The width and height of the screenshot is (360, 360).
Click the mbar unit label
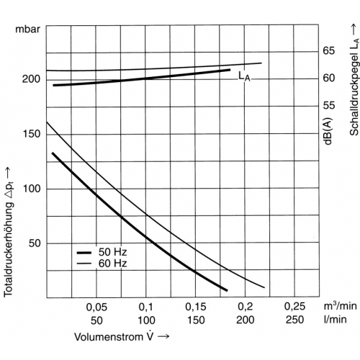coord(27,30)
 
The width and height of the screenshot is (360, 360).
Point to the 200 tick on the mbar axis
coord(31,79)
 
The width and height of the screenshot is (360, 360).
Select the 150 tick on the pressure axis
coord(31,134)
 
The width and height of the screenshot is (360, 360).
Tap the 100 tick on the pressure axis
coord(31,189)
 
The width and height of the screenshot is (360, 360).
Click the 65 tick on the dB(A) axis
coord(328,51)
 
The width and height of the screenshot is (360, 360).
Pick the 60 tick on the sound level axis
coord(328,78)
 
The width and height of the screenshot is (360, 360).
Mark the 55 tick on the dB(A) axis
coord(328,105)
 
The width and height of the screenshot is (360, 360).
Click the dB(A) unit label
coord(328,132)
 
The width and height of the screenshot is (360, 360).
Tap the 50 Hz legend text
coord(112,252)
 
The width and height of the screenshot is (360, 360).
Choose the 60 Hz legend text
coord(112,264)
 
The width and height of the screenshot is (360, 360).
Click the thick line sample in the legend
coord(84,253)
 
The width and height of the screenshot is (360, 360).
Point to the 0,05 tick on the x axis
coord(96,307)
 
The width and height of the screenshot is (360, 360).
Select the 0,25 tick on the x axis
coord(294,307)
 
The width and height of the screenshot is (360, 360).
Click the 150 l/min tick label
coord(196,320)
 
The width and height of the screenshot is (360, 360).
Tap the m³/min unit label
coord(340,306)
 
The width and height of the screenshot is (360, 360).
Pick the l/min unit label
coord(336,320)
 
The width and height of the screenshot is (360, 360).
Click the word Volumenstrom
coord(109,337)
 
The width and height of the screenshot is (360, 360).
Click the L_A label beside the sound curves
coord(244,76)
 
